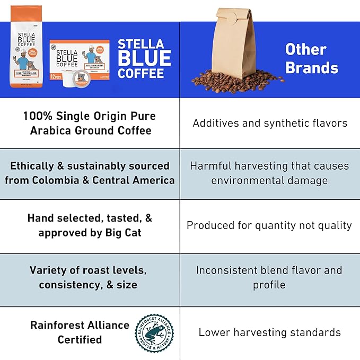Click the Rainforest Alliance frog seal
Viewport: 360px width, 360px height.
[154, 333]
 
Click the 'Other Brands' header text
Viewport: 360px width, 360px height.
[311, 58]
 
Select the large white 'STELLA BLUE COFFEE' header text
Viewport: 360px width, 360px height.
[144, 58]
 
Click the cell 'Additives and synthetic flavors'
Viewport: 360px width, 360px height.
[270, 123]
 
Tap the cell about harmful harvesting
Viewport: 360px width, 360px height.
[270, 173]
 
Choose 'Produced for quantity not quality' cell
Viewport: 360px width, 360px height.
[270, 225]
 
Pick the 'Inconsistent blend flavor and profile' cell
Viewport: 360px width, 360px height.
[270, 277]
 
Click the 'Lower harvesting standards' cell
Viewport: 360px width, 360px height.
[270, 332]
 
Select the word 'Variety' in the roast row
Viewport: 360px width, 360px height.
[49, 270]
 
